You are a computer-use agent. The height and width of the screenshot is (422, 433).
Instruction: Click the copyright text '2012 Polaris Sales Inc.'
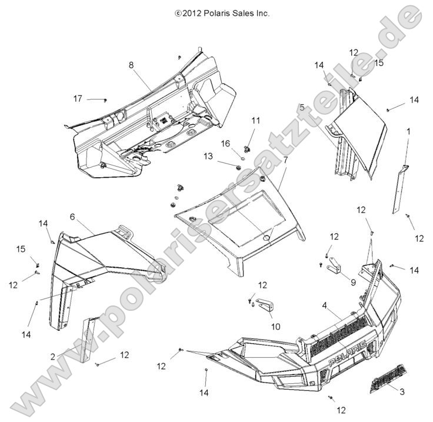[x=222, y=13]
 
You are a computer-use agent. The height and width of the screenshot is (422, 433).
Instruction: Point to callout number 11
[x=256, y=120]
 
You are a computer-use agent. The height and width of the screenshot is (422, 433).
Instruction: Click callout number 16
[x=225, y=143]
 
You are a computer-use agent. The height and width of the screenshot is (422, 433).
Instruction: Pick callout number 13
[x=208, y=156]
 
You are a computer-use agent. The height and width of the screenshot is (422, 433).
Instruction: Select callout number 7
[x=285, y=160]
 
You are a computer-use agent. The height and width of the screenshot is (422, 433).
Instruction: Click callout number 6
[x=72, y=217]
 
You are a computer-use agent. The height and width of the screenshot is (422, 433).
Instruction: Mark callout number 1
[x=407, y=132]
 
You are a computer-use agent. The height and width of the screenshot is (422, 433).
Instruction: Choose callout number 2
[x=53, y=356]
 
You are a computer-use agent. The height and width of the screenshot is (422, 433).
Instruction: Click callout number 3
[x=402, y=391]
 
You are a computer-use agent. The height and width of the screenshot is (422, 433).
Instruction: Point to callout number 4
[x=324, y=305]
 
